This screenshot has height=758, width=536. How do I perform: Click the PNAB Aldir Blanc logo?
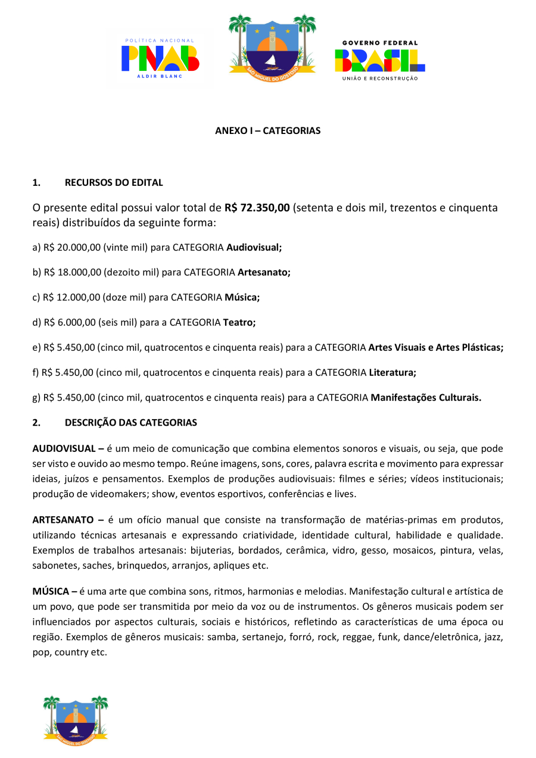(160, 58)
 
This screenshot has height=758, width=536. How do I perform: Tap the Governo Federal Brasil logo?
(379, 60)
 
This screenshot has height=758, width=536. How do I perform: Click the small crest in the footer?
(76, 718)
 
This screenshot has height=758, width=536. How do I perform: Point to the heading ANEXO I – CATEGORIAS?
(267, 130)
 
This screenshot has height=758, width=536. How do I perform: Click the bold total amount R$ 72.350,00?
(257, 208)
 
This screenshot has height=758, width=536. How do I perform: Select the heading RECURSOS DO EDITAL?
(114, 182)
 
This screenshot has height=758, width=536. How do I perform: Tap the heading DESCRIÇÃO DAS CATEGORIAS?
(130, 423)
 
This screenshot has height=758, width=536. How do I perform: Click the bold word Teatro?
(238, 322)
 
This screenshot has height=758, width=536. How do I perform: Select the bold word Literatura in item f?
(391, 373)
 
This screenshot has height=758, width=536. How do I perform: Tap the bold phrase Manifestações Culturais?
(425, 398)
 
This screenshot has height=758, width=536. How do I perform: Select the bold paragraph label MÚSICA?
(51, 591)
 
